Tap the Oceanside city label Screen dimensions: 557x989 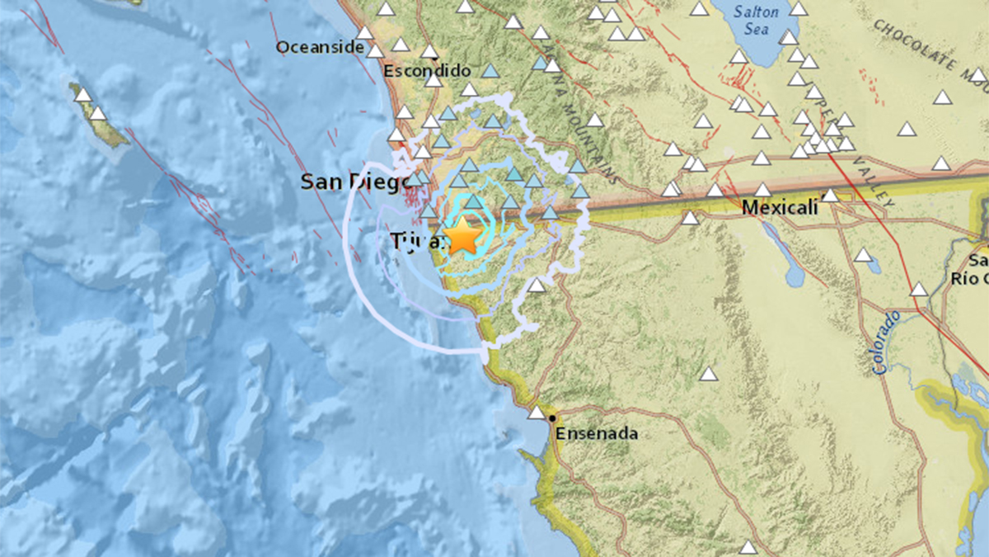[x=320, y=48]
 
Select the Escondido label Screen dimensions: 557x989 [x=427, y=72]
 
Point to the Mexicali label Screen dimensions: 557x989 [x=780, y=208]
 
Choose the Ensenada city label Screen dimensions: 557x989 [x=598, y=433]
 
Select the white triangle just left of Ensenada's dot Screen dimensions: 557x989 [x=537, y=412]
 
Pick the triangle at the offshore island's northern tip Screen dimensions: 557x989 [x=82, y=95]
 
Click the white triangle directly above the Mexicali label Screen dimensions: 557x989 [x=762, y=190]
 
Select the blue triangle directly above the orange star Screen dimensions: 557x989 [x=474, y=201]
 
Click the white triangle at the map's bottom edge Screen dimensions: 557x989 [x=748, y=547]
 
